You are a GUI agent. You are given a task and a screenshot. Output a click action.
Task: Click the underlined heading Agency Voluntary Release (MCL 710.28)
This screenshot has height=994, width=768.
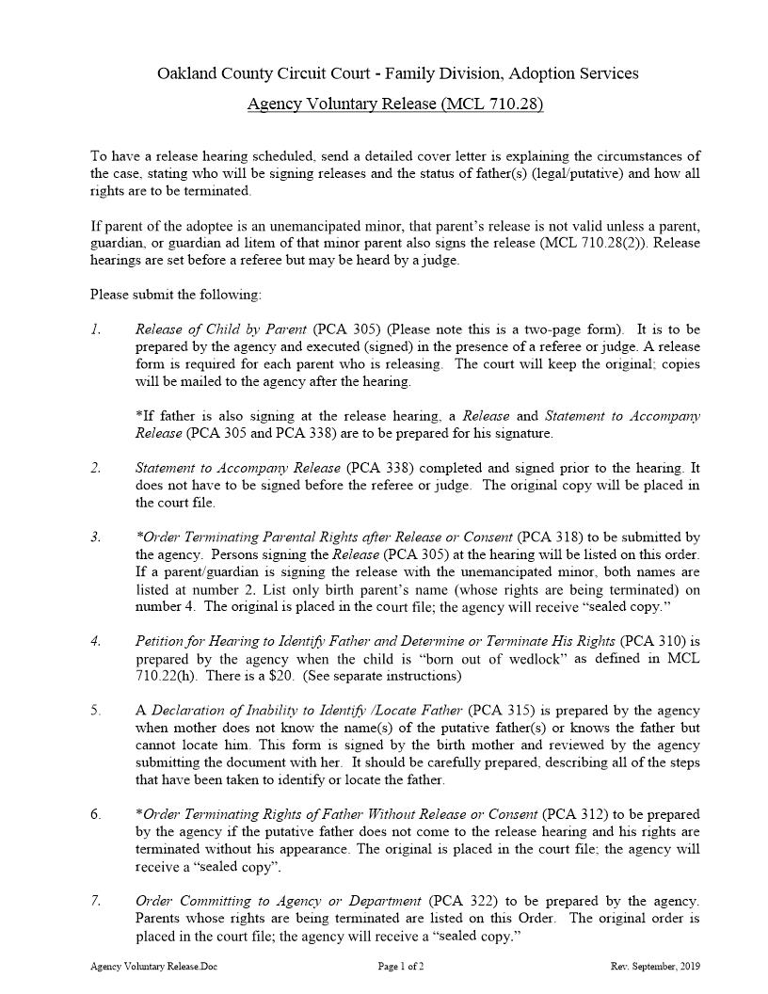point(395,104)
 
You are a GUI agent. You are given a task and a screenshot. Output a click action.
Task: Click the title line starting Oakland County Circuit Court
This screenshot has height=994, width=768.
point(396,72)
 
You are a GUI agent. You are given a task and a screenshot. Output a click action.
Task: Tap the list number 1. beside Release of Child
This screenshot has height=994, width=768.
point(96,329)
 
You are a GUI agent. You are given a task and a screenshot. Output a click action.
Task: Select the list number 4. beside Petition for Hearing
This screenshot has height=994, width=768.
point(96,641)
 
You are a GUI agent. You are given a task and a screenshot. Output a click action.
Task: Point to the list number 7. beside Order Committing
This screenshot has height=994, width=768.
point(96,901)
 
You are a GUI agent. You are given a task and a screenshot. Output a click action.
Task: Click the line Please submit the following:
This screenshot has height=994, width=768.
point(176,295)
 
